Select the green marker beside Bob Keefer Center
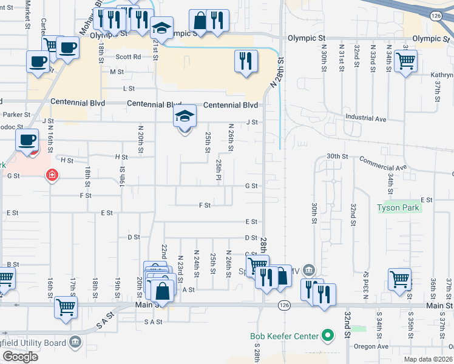328,335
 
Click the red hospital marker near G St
53,175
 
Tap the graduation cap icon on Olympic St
162,29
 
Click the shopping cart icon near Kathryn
405,60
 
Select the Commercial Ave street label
382,163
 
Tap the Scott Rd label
129,56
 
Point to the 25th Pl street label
219,170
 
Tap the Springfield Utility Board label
33,343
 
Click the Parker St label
16,114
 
